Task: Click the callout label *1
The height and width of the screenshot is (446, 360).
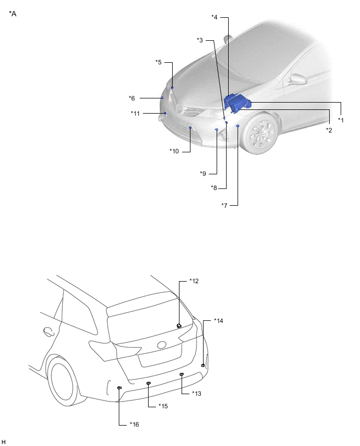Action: [341, 120]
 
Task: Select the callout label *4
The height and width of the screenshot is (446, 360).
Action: [215, 17]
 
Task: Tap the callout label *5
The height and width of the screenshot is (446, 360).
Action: [158, 62]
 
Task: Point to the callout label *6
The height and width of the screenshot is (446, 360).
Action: [132, 98]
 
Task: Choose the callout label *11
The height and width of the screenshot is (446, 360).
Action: [135, 113]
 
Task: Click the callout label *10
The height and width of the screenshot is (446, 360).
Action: [174, 151]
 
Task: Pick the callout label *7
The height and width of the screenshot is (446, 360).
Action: [224, 205]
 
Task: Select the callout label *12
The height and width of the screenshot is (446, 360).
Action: [194, 281]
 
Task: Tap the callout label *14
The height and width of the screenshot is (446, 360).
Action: [218, 320]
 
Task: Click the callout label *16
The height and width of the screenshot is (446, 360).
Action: [134, 424]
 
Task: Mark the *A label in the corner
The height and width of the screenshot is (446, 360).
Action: [13, 14]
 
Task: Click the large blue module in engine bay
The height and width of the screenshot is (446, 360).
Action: [237, 103]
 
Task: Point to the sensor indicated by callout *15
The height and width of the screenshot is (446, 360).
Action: [149, 384]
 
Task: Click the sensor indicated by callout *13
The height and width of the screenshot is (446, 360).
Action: [182, 375]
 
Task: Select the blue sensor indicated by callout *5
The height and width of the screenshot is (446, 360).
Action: [172, 87]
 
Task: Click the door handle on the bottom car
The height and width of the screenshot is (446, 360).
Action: [48, 331]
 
